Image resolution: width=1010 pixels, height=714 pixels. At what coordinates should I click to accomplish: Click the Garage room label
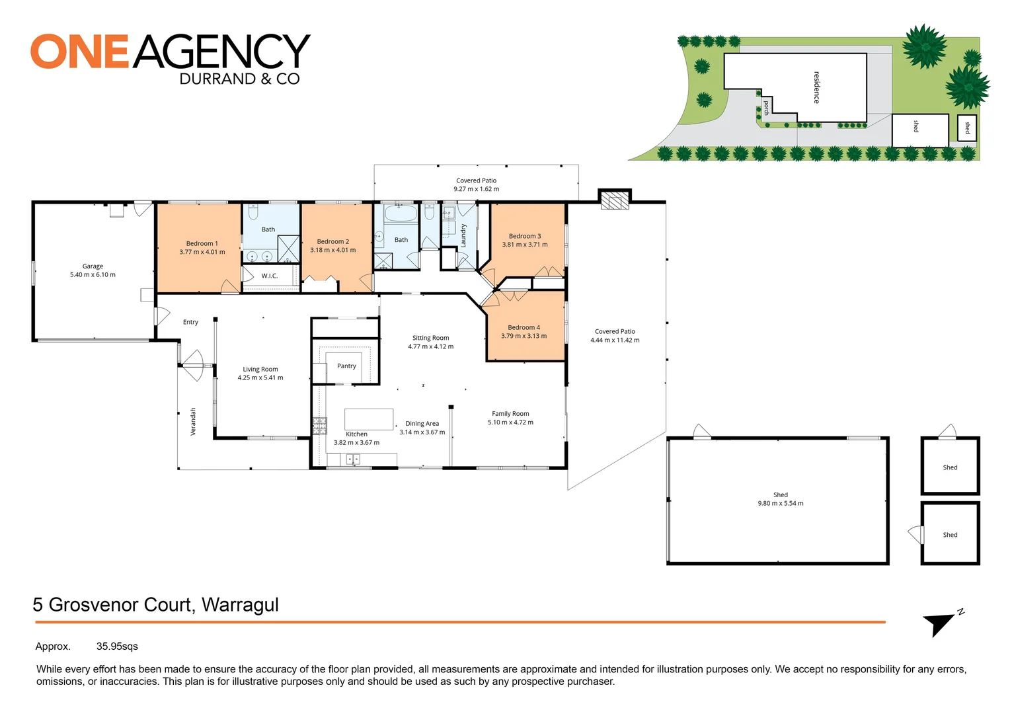tap(93, 266)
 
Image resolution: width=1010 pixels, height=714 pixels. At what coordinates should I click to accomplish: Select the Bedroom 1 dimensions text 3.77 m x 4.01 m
tap(202, 252)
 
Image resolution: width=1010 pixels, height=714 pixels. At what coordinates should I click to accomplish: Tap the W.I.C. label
tap(270, 276)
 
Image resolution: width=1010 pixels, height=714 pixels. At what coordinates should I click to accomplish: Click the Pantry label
tap(346, 366)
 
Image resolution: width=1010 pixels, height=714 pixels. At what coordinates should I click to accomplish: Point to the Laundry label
tap(463, 235)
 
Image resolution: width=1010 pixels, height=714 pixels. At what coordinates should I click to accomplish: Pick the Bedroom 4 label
tap(524, 327)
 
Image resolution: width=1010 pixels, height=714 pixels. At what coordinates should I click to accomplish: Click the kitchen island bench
tap(369, 420)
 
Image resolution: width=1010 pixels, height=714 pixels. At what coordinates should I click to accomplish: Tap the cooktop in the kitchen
tap(319, 425)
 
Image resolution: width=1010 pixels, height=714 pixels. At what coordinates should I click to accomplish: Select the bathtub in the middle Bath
tap(401, 214)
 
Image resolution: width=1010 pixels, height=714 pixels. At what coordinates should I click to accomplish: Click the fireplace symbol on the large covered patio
tap(615, 200)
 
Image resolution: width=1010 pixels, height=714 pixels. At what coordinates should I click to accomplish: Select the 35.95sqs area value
tap(117, 647)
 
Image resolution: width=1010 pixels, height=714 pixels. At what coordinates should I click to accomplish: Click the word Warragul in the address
tap(240, 605)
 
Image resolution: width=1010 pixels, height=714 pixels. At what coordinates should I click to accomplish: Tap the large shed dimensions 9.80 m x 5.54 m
tap(780, 503)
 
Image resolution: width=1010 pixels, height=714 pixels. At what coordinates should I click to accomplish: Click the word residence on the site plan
tap(816, 87)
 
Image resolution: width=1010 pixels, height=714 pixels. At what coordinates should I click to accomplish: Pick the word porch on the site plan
tap(767, 108)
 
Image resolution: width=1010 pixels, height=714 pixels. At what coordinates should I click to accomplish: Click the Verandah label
tap(193, 421)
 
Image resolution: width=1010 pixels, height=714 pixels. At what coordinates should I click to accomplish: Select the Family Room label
tap(510, 414)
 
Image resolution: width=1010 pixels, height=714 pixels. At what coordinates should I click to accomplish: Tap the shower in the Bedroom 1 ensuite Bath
tap(289, 249)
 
